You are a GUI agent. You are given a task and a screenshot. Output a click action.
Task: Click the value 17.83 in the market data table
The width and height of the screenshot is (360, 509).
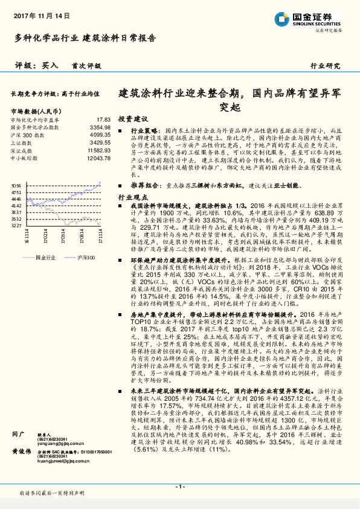(x=103, y=120)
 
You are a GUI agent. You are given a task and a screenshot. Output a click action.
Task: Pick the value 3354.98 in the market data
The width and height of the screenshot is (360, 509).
(x=100, y=127)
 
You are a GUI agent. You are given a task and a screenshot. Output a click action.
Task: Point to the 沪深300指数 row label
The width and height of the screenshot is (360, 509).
(x=26, y=134)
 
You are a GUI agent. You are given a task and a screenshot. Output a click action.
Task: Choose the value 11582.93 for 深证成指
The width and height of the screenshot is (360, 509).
(x=98, y=149)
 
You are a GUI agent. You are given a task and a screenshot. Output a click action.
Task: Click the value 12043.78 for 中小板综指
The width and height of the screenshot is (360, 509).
(x=98, y=157)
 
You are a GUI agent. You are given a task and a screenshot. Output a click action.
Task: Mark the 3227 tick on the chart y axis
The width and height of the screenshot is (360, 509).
(x=16, y=225)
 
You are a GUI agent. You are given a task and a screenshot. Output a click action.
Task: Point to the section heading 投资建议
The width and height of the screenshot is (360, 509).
(x=132, y=118)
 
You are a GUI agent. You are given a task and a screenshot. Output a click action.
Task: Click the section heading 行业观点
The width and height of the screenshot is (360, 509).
(x=132, y=197)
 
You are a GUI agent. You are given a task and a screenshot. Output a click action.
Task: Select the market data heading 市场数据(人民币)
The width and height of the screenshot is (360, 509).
(x=36, y=111)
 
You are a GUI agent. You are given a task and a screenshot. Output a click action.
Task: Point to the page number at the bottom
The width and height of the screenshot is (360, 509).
(x=180, y=487)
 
